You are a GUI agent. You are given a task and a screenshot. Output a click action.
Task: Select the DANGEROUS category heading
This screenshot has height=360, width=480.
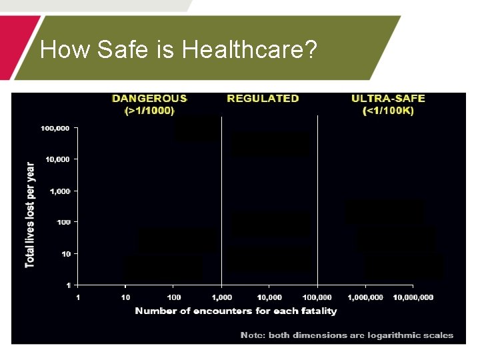tap(150, 99)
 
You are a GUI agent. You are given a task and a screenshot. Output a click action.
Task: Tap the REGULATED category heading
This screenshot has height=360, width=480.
tap(263, 99)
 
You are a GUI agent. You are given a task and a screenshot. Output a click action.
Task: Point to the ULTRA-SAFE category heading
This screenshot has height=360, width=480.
tap(388, 99)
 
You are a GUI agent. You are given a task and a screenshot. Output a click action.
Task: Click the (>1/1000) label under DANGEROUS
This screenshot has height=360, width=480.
tap(150, 111)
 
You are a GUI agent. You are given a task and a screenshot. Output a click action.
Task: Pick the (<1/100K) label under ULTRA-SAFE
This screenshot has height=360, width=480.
tap(388, 111)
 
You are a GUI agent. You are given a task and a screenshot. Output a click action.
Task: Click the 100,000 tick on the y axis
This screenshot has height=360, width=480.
tap(55, 128)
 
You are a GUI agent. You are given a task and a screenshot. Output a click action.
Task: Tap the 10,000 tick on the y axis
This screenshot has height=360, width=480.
tap(57, 159)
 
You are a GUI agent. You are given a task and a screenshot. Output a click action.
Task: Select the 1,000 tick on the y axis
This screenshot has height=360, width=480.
tap(60, 191)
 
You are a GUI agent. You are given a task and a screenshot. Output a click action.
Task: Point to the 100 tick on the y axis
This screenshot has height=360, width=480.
tap(63, 221)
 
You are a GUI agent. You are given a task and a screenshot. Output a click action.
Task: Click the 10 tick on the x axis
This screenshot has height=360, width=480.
tap(126, 297)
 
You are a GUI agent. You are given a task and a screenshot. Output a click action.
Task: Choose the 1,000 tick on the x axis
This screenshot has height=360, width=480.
tap(222, 297)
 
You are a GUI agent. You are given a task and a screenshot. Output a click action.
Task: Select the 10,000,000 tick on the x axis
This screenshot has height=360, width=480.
tap(413, 297)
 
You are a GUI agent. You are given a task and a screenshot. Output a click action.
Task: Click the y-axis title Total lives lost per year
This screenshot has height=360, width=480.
tap(31, 215)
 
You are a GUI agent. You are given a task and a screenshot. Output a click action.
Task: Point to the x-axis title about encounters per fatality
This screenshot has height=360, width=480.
tap(236, 311)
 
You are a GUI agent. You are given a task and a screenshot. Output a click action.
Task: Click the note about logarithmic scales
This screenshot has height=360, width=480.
tap(347, 335)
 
